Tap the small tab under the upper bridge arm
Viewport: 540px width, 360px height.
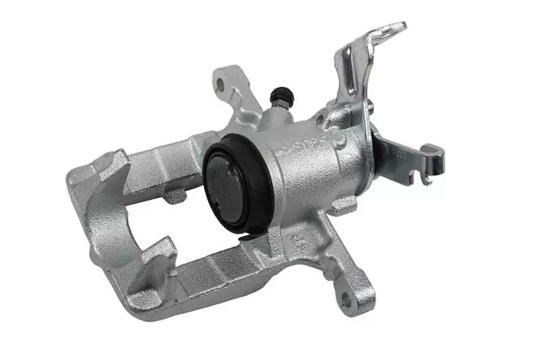pos(175,196)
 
